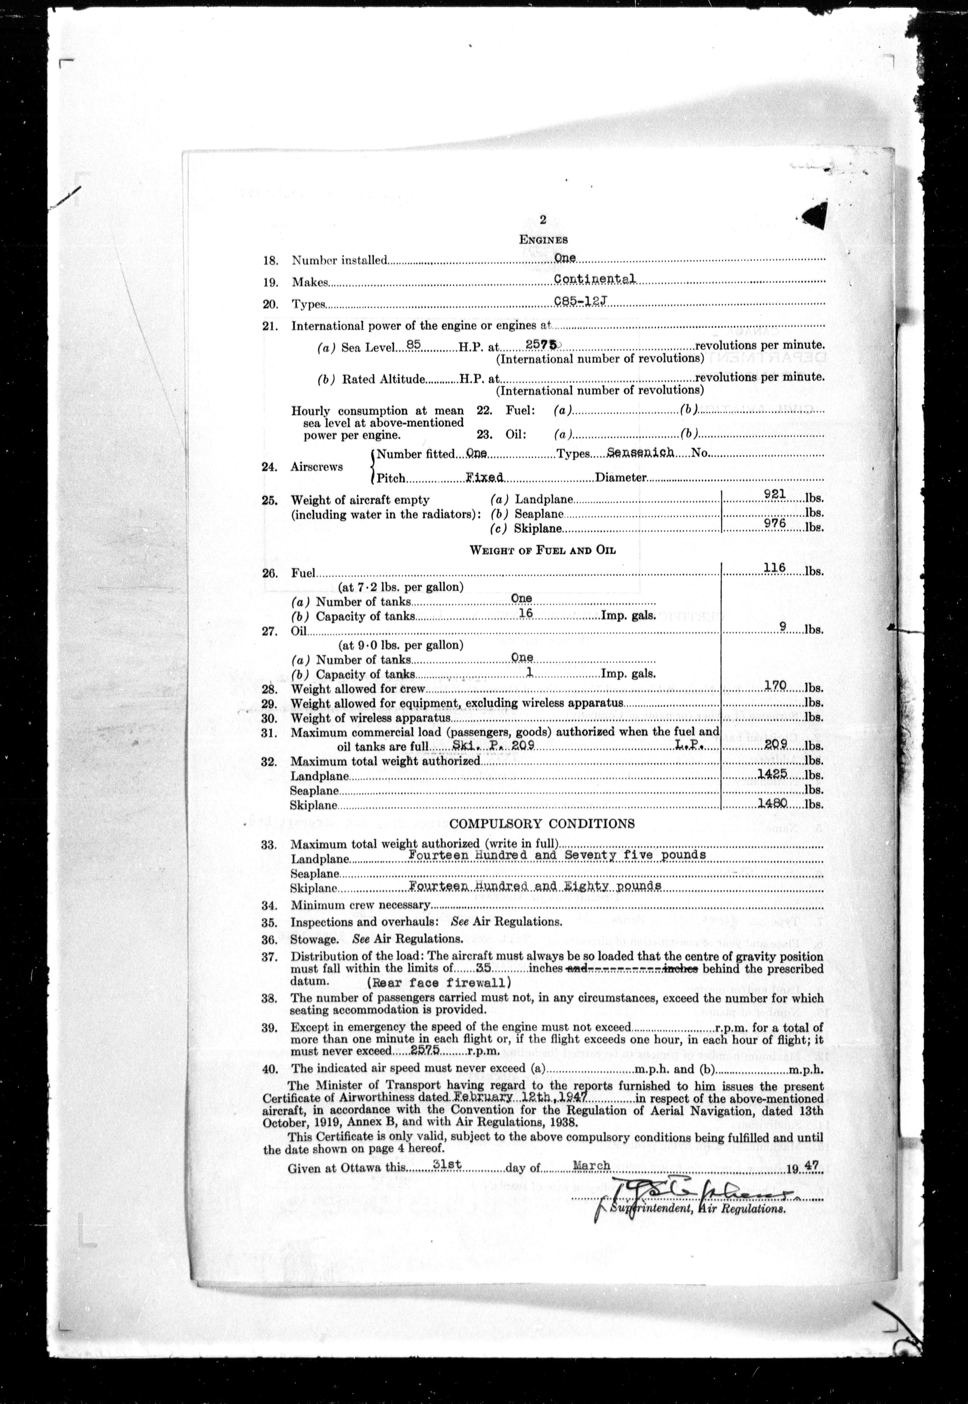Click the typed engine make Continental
coord(594,279)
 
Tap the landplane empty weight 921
coord(775,494)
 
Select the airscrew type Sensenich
coord(640,453)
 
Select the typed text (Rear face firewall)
coord(438,983)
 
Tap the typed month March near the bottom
coord(591,1165)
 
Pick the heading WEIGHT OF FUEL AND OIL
coord(543,550)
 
